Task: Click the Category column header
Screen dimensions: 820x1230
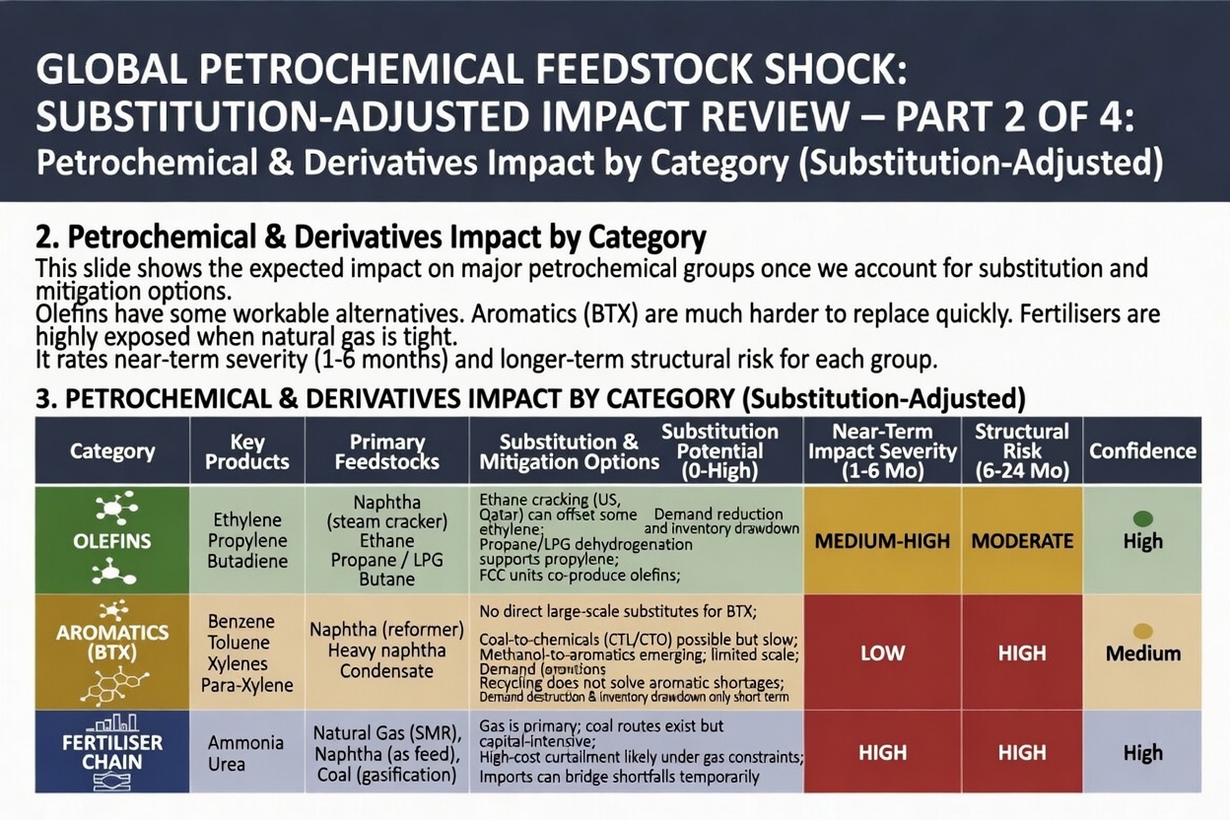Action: point(112,451)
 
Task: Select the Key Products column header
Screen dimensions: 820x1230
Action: point(247,451)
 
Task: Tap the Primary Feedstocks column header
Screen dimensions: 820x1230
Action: point(387,451)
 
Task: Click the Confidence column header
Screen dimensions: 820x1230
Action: point(1142,451)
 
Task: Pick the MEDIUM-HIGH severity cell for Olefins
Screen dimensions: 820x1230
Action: point(882,541)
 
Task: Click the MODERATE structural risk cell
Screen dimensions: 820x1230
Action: point(1022,541)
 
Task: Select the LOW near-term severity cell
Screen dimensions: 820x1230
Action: point(882,652)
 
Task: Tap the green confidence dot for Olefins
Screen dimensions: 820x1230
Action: point(1143,518)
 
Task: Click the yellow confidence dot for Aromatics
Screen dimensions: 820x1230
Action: point(1143,631)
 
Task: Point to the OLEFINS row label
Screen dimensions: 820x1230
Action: point(112,541)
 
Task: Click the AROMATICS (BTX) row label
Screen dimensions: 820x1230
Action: point(112,643)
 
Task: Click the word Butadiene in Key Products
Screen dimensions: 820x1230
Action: point(247,561)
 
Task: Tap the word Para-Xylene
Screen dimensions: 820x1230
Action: point(250,685)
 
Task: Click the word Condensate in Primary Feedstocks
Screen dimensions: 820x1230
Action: point(386,671)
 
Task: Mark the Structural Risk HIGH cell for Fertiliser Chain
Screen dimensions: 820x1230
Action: point(1022,753)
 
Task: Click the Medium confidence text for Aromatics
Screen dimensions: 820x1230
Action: point(1143,653)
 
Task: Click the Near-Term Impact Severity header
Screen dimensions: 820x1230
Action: point(882,451)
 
